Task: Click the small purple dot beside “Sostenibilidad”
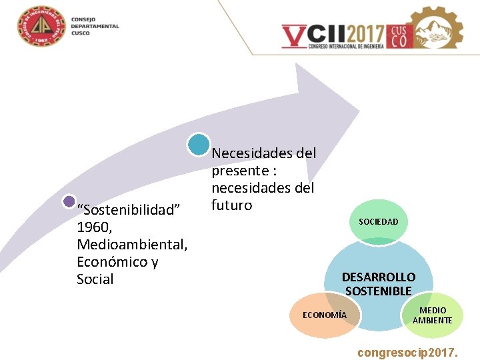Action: point(69,201)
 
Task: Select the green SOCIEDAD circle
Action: point(378,221)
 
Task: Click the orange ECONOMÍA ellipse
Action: point(325,315)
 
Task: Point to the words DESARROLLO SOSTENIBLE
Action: point(378,284)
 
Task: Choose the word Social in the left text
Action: point(95,279)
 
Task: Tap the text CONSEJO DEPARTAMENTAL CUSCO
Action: point(95,27)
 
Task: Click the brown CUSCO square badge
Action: point(398,36)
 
